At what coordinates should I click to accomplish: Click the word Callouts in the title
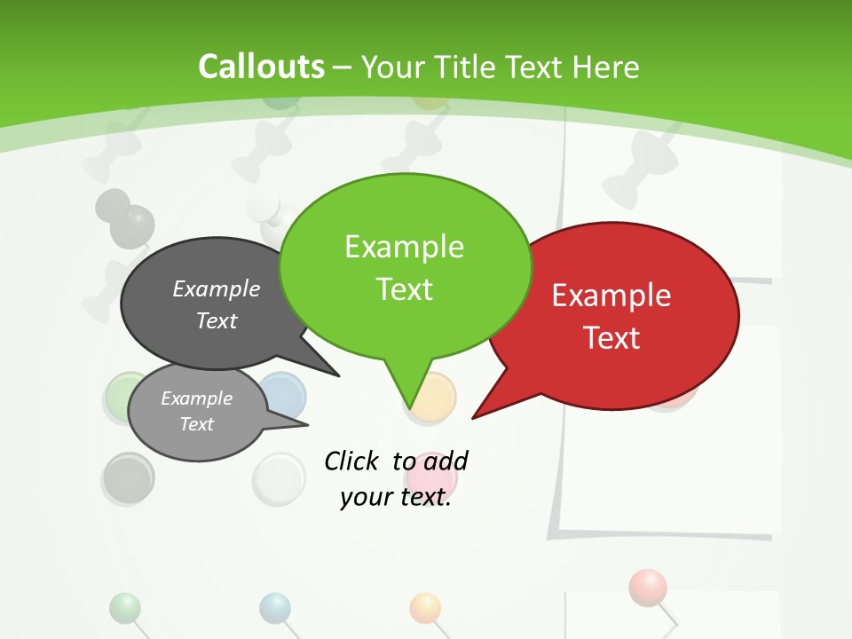261,67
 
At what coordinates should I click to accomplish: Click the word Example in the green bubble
404,247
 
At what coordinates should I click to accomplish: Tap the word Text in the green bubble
404,289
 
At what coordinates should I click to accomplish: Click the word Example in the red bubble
611,296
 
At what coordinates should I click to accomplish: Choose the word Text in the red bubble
611,338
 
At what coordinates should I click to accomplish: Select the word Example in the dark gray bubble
217,289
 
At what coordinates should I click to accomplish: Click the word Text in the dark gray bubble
217,320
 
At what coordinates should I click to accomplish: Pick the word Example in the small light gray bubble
196,398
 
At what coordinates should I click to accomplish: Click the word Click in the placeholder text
351,461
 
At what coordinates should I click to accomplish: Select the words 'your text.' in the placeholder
396,497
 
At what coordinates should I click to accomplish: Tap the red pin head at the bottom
648,586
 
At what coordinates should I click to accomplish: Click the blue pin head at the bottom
275,607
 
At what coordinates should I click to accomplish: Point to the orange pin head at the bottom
425,607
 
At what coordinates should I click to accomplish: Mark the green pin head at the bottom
125,607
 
